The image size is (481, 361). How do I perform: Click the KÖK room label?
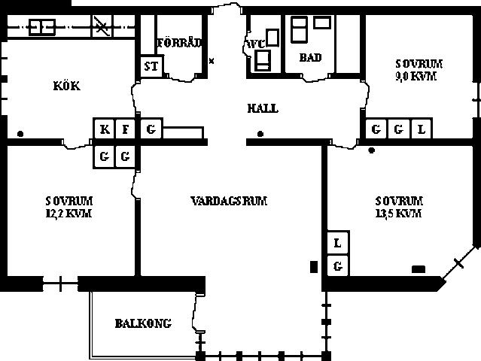click(67, 86)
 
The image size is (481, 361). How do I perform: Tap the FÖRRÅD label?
click(179, 43)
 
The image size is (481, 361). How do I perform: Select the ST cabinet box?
click(151, 66)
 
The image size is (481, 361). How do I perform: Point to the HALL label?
click(263, 108)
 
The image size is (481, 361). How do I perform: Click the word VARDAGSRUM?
click(229, 201)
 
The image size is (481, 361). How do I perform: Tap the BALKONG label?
click(143, 323)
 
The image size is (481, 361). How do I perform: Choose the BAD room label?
click(310, 57)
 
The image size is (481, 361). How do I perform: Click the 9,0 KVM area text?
click(416, 76)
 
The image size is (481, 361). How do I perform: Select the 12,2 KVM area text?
click(68, 213)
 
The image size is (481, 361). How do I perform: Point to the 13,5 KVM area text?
click(398, 213)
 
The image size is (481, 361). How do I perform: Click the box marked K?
click(105, 129)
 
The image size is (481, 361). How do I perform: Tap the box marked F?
click(125, 129)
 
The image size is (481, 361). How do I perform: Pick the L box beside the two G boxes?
click(422, 129)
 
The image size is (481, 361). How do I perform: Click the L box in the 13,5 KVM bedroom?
click(338, 243)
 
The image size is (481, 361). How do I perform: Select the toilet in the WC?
click(263, 60)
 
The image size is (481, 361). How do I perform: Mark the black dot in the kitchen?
click(20, 134)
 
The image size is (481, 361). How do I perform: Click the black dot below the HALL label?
click(260, 134)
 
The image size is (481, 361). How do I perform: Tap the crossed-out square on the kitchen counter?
click(102, 26)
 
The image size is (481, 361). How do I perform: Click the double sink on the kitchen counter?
click(42, 27)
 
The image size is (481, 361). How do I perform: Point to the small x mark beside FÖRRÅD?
click(212, 61)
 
